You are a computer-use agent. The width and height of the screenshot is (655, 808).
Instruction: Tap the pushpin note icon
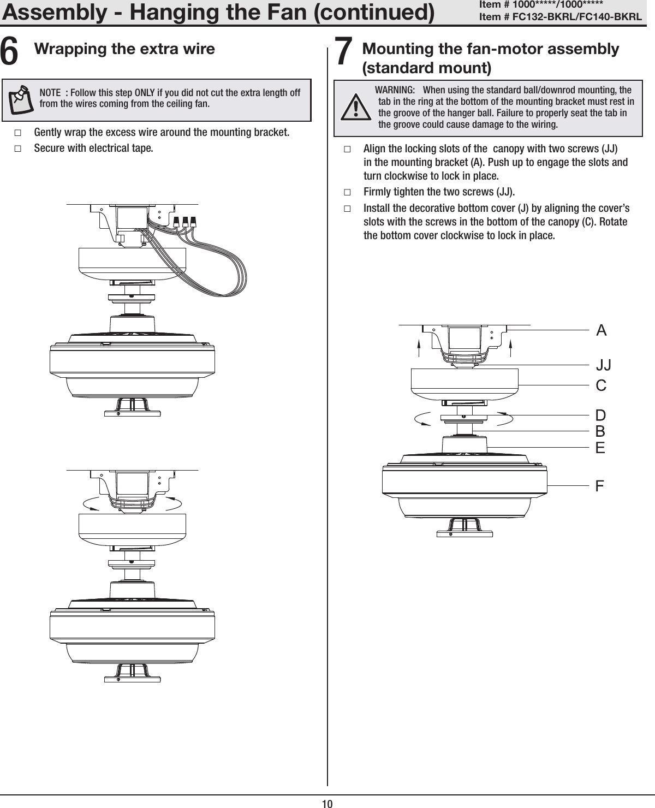22,98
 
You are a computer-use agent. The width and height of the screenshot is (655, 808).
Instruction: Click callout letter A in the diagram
601,330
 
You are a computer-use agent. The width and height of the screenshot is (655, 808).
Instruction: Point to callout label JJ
603,364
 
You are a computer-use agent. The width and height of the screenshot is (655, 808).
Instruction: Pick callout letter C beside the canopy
601,385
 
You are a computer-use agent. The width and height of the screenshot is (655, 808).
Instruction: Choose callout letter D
601,415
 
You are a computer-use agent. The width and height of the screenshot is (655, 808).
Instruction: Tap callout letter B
600,431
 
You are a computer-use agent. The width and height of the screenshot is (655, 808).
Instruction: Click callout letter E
600,448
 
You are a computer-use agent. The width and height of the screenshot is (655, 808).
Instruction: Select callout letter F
600,485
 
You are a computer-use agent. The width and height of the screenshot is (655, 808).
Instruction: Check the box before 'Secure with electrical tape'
18,148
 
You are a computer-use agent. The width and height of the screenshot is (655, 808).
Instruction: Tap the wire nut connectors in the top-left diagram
184,222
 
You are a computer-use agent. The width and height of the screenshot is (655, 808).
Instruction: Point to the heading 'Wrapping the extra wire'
124,49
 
